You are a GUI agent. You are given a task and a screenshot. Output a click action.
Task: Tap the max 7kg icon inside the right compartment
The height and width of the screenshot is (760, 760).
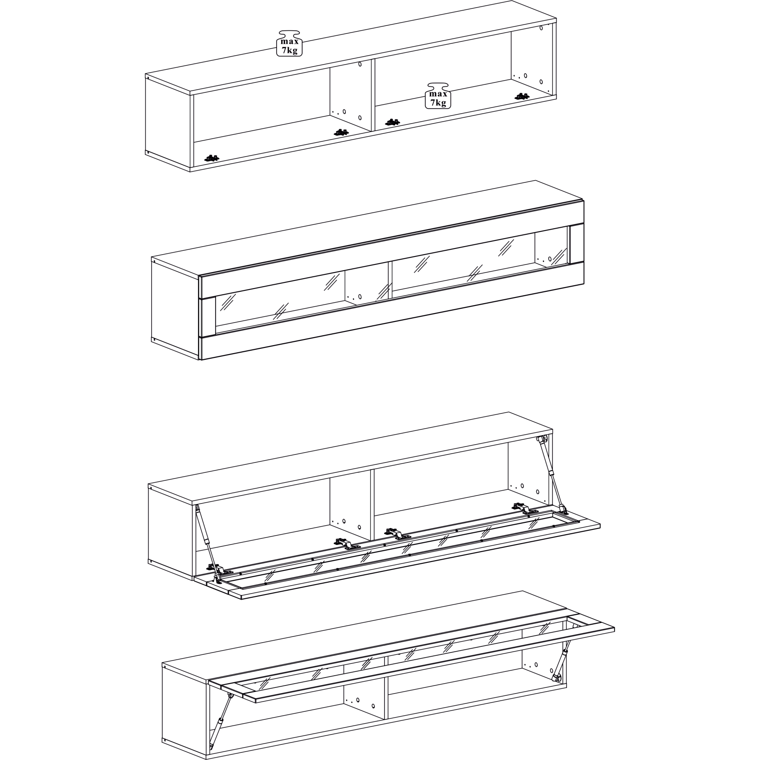tap(438, 96)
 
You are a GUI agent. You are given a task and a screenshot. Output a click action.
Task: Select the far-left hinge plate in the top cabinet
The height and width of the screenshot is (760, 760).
tap(212, 158)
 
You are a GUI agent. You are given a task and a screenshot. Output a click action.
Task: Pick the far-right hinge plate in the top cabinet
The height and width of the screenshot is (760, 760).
tap(522, 97)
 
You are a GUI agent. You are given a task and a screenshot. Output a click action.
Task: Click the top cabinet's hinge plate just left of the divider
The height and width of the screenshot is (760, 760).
tap(341, 133)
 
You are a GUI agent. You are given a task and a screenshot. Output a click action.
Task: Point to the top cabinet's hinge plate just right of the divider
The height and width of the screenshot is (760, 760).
tap(392, 122)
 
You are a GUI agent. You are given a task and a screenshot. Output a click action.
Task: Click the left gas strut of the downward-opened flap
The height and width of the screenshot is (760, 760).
tap(207, 543)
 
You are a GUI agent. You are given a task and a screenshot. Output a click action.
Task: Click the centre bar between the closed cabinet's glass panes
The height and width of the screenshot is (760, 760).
tap(390, 281)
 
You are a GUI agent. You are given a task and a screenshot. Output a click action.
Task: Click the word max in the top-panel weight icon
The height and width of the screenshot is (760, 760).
tap(290, 42)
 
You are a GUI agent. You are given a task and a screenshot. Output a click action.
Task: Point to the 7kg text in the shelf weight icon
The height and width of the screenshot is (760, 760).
tap(438, 103)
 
